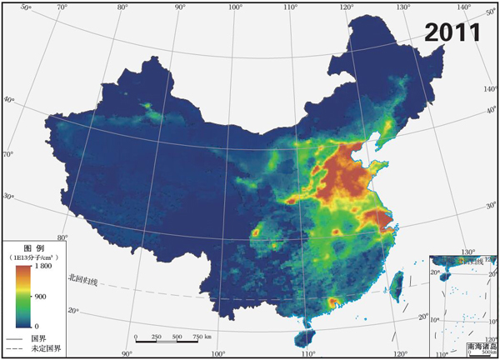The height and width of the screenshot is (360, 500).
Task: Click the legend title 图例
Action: [x=33, y=249]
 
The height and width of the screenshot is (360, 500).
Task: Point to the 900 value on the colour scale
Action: [x=39, y=296]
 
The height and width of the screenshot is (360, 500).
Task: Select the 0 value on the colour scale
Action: [x=34, y=325]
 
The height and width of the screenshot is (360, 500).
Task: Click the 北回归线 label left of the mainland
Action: [x=83, y=282]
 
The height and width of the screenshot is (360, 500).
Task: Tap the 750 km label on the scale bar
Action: [x=202, y=337]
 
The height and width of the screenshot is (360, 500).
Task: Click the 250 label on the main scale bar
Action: [x=156, y=337]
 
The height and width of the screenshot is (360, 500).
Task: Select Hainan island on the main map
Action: [x=305, y=337]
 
